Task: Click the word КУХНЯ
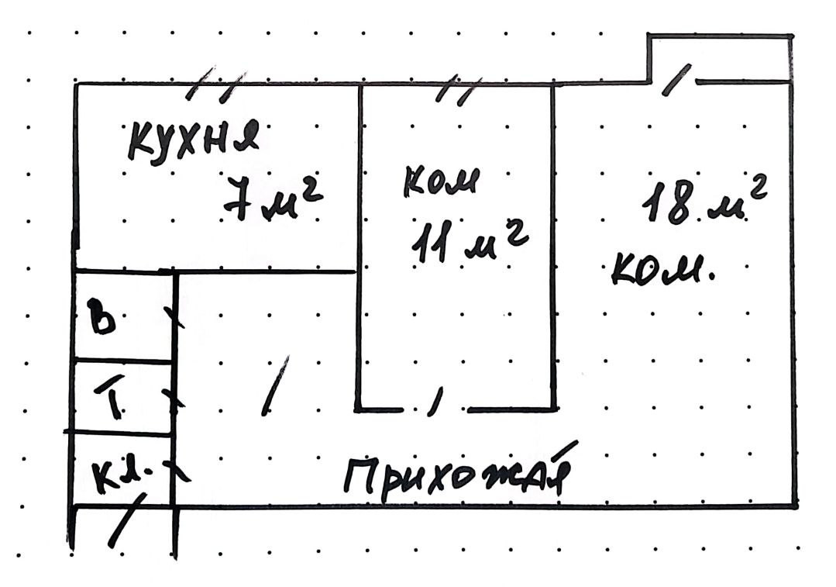pos(193,141)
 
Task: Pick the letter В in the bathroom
pos(102,319)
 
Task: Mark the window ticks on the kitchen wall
pos(218,85)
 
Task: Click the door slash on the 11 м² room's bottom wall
pos(435,401)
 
